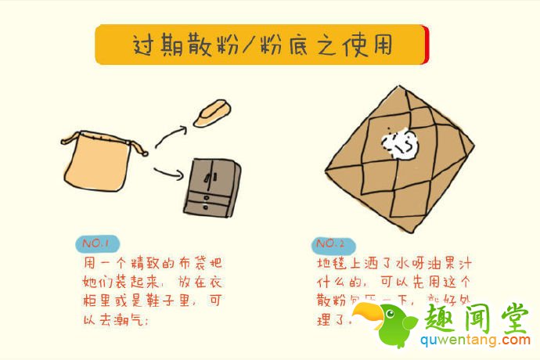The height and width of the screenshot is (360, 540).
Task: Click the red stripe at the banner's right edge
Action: (425, 45)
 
